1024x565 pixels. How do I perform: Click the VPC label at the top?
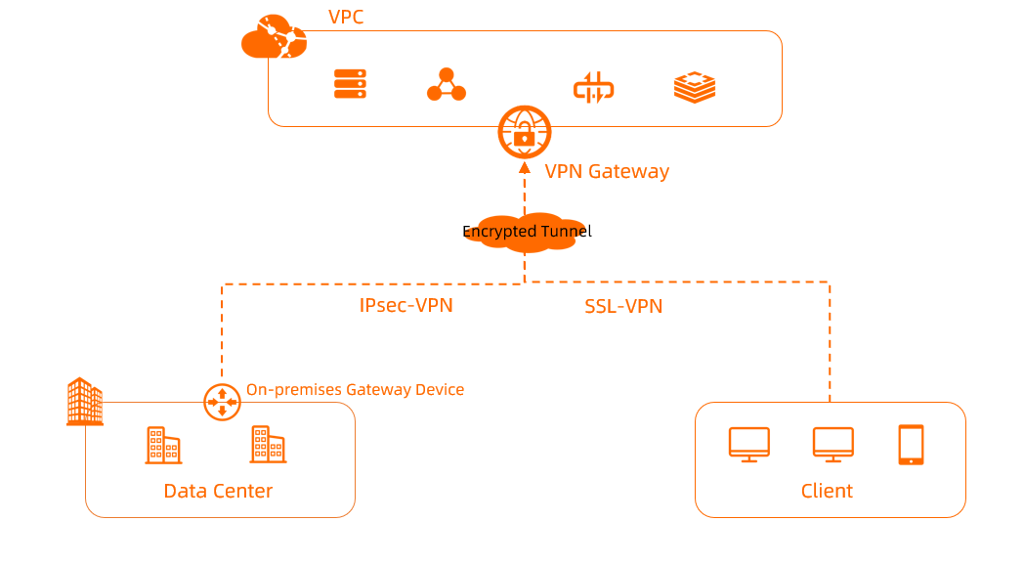tap(346, 17)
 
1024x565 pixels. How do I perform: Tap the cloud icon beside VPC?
tap(273, 37)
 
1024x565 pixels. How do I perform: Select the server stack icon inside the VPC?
tap(350, 84)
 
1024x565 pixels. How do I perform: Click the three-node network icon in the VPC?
tap(447, 85)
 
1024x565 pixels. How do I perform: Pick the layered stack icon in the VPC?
tap(695, 87)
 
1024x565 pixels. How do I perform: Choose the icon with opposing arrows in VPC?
tap(593, 87)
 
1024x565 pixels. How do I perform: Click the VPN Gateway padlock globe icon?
tap(525, 132)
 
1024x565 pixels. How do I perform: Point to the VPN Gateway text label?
tap(607, 171)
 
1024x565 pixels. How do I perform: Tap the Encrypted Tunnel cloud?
tap(526, 233)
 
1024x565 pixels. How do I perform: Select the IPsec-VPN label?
tap(405, 305)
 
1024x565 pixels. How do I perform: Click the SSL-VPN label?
tap(623, 306)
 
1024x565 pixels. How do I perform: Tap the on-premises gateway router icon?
tap(222, 401)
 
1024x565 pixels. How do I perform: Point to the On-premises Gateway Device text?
tap(355, 389)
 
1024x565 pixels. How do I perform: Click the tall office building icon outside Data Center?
tap(84, 402)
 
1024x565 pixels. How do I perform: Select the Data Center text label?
tap(218, 491)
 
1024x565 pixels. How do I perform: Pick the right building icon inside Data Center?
tap(268, 444)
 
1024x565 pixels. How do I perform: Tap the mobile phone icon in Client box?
tap(911, 444)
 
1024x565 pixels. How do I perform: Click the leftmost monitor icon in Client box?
tap(749, 444)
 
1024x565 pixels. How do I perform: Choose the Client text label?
tap(827, 491)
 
